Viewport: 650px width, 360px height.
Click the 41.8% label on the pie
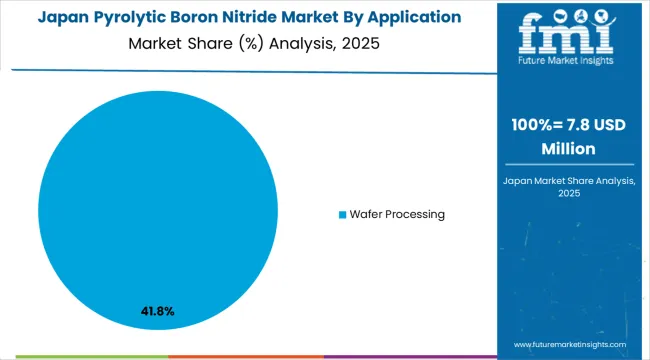pyautogui.click(x=158, y=311)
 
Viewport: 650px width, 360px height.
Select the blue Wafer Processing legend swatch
pyautogui.click(x=341, y=215)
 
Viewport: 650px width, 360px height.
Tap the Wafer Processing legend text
pyautogui.click(x=397, y=215)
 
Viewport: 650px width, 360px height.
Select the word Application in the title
pyautogui.click(x=413, y=17)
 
